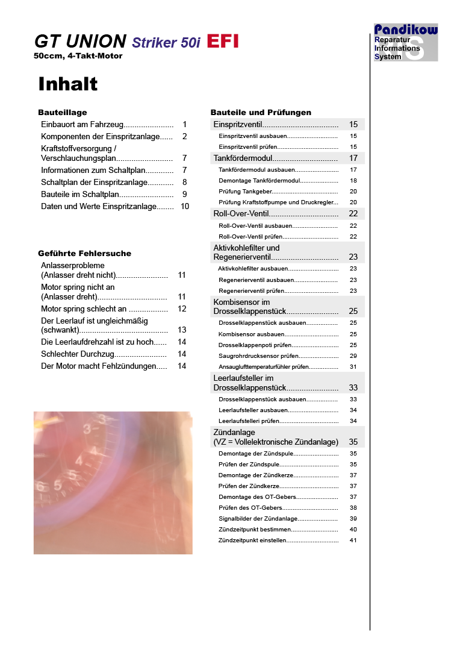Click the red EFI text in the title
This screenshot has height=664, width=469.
(223, 41)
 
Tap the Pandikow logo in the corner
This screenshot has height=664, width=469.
(406, 42)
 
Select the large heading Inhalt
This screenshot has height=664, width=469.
(68, 84)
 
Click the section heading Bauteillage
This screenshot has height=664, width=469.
(63, 112)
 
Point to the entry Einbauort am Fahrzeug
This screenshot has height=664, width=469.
(82, 125)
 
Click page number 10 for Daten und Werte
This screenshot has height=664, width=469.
(185, 206)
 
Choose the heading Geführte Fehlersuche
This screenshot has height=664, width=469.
(84, 253)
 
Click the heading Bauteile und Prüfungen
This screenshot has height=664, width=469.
(261, 112)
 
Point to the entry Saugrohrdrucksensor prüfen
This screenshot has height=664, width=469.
(258, 356)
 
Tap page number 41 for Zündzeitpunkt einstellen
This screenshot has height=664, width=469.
(353, 540)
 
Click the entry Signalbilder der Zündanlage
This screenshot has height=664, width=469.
(258, 519)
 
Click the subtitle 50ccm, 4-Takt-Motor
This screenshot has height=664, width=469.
(78, 56)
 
